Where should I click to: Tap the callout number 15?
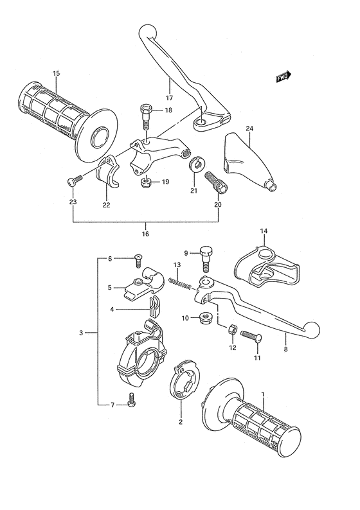pos(57,73)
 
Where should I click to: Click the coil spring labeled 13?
pos(179,283)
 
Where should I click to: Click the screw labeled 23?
pos(75,180)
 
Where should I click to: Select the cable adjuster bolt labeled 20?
pos(214,182)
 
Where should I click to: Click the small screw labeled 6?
pos(138,261)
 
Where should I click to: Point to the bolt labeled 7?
pos(131,400)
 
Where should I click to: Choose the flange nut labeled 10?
pos(204,318)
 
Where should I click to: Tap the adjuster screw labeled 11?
pos(251,337)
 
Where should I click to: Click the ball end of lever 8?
pos(311,330)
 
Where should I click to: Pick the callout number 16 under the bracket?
pos(145,234)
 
